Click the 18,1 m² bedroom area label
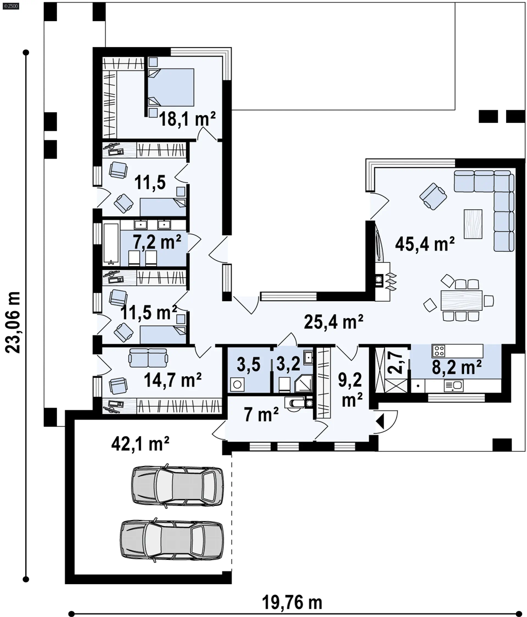click(187, 119)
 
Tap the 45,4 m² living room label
click(425, 244)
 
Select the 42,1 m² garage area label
click(140, 444)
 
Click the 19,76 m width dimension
click(292, 602)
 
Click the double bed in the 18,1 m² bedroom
click(171, 87)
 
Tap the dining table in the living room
click(461, 300)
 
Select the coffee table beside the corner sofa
click(473, 224)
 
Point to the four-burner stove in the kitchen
click(438, 350)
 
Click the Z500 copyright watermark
click(11, 6)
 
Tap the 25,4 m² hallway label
click(333, 322)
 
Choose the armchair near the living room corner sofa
click(433, 196)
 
